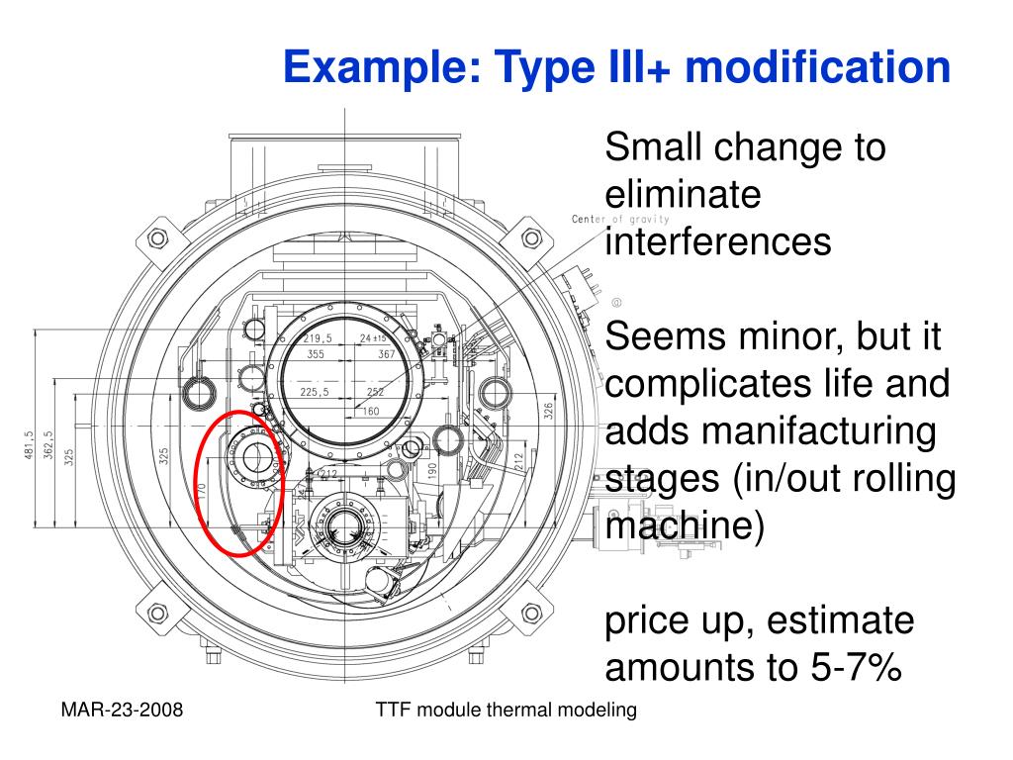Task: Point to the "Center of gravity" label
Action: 620,219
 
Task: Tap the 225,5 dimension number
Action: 314,392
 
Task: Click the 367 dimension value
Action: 386,353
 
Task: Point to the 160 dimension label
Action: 371,411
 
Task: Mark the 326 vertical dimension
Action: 549,409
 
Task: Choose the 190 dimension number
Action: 432,472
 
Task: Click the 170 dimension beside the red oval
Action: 200,490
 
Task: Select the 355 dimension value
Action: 316,353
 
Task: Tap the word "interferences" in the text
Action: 717,240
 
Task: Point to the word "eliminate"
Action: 683,195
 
